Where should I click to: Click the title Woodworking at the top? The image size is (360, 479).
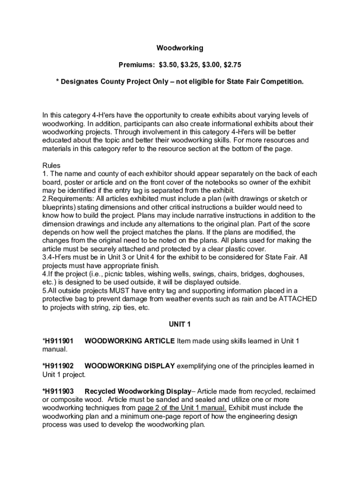[x=180, y=48]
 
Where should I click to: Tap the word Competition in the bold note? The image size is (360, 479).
[x=282, y=81]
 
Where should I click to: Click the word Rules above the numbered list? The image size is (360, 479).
[x=51, y=165]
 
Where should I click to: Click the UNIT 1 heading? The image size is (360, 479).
[x=180, y=324]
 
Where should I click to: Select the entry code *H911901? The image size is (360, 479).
[x=58, y=341]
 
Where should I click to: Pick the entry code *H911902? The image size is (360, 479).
[x=58, y=366]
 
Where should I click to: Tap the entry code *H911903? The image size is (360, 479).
[x=58, y=391]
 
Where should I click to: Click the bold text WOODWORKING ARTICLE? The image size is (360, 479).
[x=130, y=341]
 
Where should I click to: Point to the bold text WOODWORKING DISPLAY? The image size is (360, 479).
[x=130, y=366]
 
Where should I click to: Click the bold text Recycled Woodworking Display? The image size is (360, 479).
[x=138, y=391]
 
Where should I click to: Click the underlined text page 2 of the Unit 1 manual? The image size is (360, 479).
[x=182, y=408]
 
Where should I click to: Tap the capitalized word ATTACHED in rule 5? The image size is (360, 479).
[x=298, y=299]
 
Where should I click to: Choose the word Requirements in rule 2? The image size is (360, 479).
[x=70, y=199]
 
